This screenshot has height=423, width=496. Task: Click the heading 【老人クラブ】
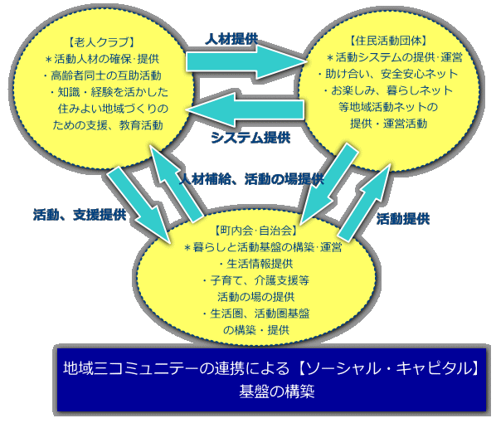[101, 42]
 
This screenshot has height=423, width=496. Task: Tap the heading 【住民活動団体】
[388, 41]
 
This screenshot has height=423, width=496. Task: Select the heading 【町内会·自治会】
[256, 231]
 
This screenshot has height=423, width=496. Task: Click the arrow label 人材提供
[231, 40]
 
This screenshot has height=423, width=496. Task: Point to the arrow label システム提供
[250, 138]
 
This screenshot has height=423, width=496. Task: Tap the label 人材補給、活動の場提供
[251, 179]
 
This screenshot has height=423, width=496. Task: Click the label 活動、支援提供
[80, 215]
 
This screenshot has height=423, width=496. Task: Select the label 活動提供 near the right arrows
[403, 219]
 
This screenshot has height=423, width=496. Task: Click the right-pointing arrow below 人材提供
[246, 61]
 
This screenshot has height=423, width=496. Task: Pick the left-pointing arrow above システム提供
[246, 110]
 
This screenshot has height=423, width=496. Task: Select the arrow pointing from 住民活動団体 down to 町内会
[329, 183]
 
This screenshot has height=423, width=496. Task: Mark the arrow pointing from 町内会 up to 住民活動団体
[365, 202]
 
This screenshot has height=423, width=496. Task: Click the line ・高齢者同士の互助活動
[102, 75]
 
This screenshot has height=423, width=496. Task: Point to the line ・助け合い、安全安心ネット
[388, 74]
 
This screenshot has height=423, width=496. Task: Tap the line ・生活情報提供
[256, 264]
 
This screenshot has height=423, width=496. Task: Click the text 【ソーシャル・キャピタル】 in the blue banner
[388, 368]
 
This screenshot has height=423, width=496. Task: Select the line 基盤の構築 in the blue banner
[277, 391]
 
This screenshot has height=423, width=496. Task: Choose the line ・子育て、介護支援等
[256, 280]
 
